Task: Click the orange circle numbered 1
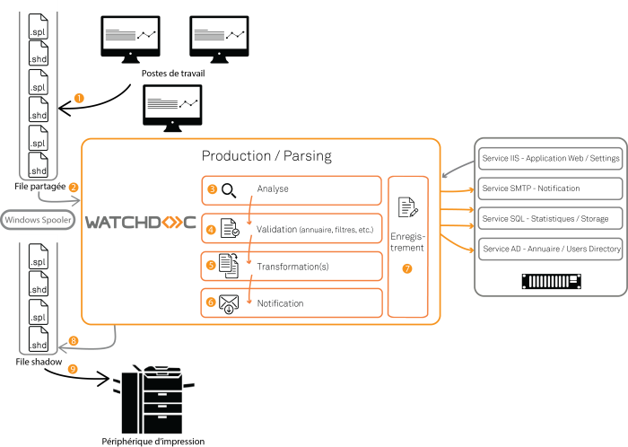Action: tap(79, 98)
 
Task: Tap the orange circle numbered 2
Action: tap(74, 188)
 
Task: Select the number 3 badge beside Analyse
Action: tap(212, 189)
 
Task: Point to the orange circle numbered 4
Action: tap(212, 229)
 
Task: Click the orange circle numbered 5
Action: tap(211, 266)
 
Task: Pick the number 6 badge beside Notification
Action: tap(211, 302)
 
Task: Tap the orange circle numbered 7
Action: tap(407, 268)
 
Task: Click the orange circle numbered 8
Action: tap(74, 341)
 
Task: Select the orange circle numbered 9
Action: tap(73, 368)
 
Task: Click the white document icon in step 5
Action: tap(229, 266)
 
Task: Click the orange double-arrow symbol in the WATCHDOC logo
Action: tap(170, 221)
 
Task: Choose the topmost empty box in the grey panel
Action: tap(550, 159)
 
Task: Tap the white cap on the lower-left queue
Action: tap(38, 240)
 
